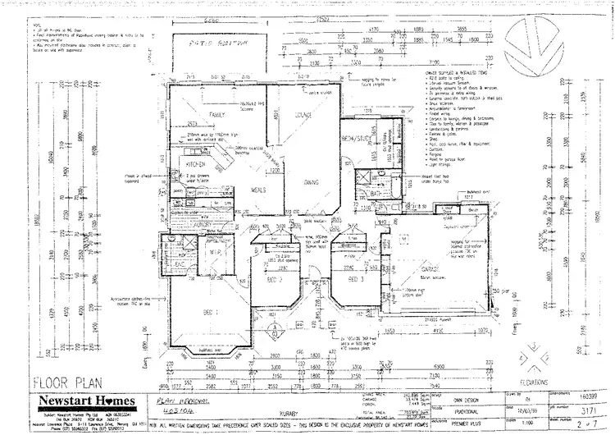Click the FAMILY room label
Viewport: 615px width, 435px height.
coord(217,114)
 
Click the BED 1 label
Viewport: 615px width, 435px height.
coord(209,313)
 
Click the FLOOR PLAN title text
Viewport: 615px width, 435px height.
coord(62,382)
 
